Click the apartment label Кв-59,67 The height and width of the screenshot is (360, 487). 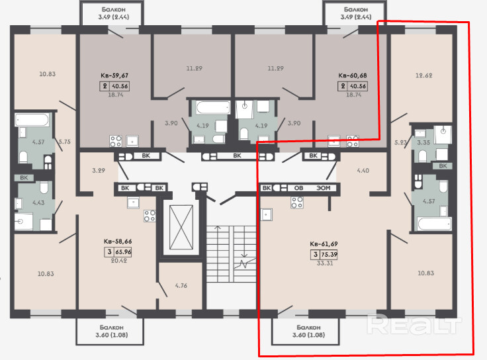114,75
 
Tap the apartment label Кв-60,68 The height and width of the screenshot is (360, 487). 353,75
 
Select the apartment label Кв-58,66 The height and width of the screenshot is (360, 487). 118,242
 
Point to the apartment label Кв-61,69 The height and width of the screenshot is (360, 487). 324,244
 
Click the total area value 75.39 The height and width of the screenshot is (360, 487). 330,255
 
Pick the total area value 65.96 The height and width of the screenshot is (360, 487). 123,252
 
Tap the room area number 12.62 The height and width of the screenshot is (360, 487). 423,75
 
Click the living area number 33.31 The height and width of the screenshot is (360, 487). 325,263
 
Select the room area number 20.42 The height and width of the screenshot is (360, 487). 119,261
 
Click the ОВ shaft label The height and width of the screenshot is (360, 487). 298,188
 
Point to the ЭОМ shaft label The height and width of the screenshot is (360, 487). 324,188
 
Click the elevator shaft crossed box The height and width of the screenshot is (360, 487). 181,228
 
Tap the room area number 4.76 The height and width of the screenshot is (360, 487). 181,285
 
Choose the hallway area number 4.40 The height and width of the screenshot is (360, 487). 363,171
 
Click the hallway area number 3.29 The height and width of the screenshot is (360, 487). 99,171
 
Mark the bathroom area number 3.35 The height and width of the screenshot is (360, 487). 423,143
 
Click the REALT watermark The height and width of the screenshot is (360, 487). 414,324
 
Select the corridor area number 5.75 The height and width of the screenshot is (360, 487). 65,142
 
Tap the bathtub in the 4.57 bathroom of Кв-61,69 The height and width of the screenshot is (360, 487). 434,224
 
